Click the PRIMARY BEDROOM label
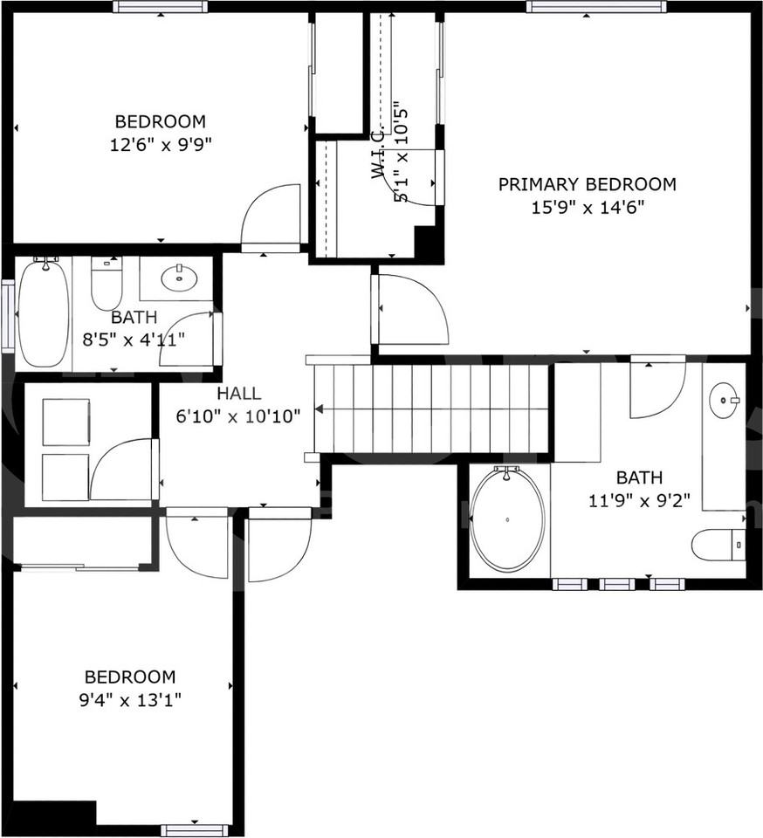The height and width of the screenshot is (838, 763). [x=587, y=184]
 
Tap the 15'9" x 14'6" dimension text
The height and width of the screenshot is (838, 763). [x=587, y=208]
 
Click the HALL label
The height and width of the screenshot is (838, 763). [x=238, y=394]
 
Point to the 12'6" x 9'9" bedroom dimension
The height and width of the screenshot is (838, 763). [x=161, y=144]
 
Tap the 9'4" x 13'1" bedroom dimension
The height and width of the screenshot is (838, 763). [x=129, y=699]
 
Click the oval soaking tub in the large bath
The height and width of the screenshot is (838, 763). [x=507, y=519]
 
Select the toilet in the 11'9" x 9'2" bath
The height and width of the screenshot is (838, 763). [x=718, y=545]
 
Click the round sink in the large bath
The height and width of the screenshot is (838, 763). [x=724, y=401]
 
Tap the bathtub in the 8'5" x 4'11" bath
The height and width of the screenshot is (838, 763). [x=43, y=313]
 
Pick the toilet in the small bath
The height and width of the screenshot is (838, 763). [x=107, y=283]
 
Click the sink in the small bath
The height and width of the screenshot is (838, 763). [x=179, y=278]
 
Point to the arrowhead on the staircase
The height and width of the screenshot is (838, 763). [x=320, y=409]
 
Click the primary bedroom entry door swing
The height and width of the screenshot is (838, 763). [x=410, y=310]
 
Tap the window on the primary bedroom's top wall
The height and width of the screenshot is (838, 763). [x=596, y=7]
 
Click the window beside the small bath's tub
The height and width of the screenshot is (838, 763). [x=7, y=315]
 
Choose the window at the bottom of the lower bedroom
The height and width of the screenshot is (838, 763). [x=195, y=830]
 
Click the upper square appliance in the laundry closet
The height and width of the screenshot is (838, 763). [x=65, y=422]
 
